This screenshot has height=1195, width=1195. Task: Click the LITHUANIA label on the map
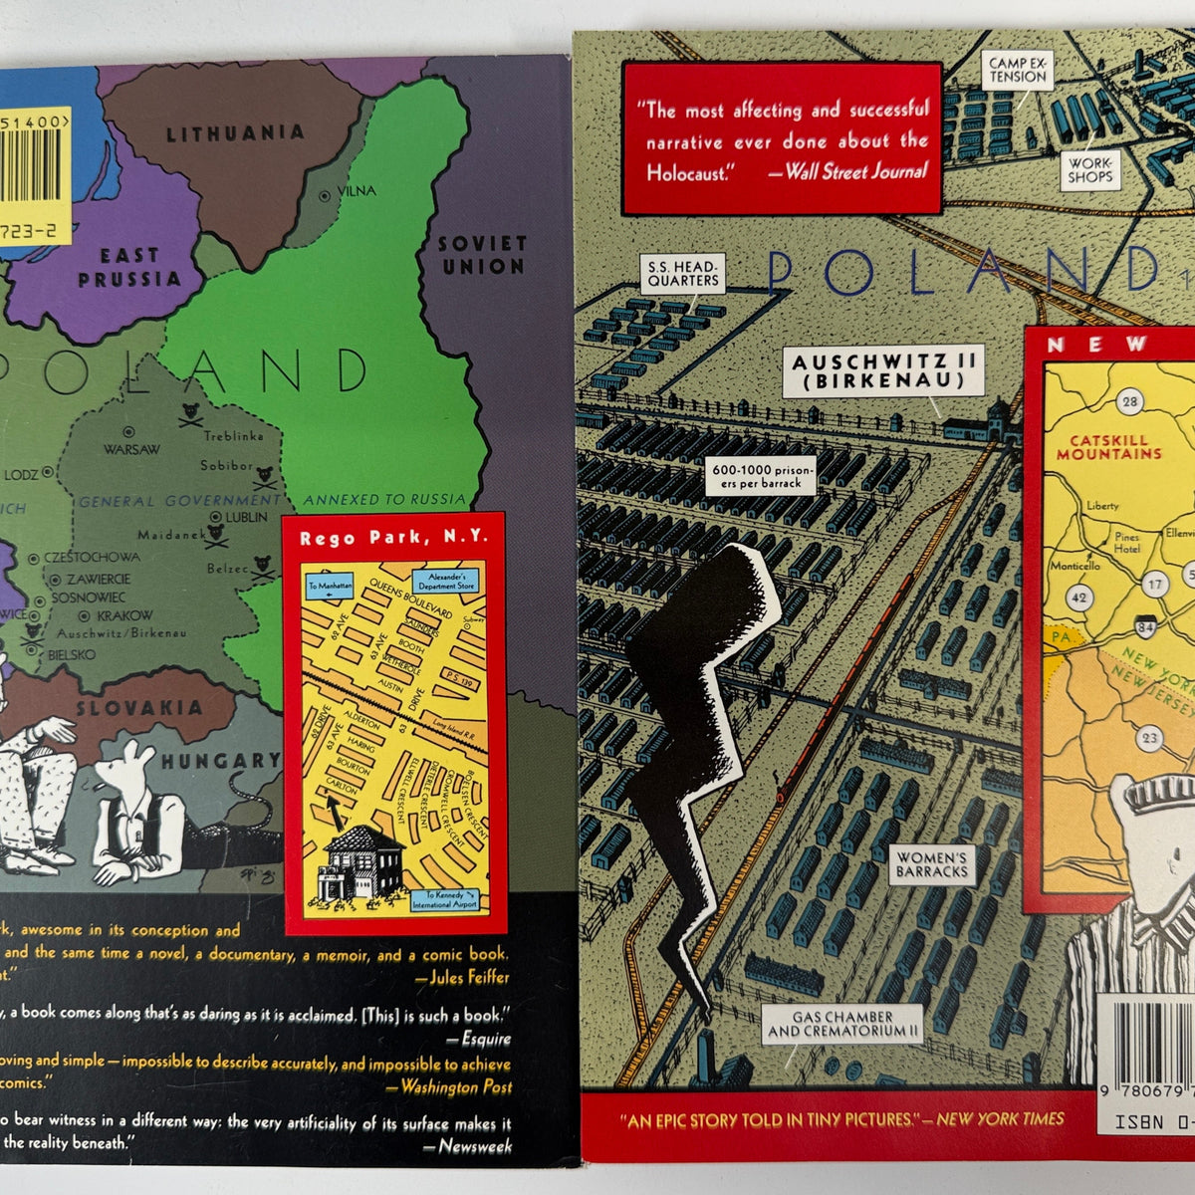pyautogui.click(x=234, y=133)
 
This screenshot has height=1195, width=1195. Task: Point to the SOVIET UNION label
pyautogui.click(x=482, y=255)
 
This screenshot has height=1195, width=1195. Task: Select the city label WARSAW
pyautogui.click(x=131, y=449)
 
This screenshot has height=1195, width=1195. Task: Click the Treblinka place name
pyautogui.click(x=234, y=436)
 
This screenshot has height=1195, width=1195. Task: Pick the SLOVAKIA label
pyautogui.click(x=139, y=709)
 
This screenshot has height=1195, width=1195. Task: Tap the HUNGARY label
pyautogui.click(x=221, y=761)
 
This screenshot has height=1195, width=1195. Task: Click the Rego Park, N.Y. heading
pyautogui.click(x=394, y=537)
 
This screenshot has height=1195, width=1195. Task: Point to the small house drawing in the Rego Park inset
pyautogui.click(x=360, y=862)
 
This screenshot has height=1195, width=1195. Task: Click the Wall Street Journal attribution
pyautogui.click(x=855, y=171)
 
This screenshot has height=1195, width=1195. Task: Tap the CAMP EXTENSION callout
pyautogui.click(x=1017, y=70)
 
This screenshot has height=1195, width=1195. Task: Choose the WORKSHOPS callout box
pyautogui.click(x=1089, y=169)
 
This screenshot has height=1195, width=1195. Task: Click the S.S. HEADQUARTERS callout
pyautogui.click(x=683, y=273)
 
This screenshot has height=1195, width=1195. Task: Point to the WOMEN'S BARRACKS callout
pyautogui.click(x=931, y=863)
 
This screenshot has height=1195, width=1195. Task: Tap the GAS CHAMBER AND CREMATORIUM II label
pyautogui.click(x=842, y=1024)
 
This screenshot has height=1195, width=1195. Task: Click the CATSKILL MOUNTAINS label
pyautogui.click(x=1109, y=447)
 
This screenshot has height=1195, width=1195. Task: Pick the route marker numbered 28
pyautogui.click(x=1129, y=402)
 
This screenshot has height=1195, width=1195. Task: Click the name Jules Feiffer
pyautogui.click(x=469, y=977)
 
